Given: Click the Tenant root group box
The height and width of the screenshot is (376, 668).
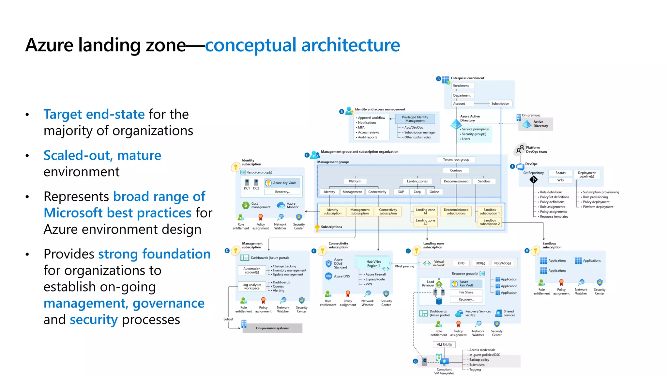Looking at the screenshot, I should pos(456,160).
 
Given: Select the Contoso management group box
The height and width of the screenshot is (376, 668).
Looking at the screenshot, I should pos(456,170).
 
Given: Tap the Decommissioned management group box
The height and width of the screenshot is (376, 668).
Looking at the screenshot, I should pos(456,181).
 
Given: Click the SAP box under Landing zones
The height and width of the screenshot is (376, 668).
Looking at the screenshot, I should pos(401,192).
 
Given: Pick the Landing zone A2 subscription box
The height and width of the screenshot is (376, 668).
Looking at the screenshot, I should pos(425,222).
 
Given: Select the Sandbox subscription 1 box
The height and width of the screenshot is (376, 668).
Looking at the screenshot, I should pos(489,211).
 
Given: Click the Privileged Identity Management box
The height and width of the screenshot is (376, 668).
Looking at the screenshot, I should pos(415,119).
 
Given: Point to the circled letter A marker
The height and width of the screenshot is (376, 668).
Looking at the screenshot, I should pos(438,79).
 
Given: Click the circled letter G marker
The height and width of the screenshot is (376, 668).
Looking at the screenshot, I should pos(415,361).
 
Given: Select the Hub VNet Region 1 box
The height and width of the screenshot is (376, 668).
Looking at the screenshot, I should pos(373,264).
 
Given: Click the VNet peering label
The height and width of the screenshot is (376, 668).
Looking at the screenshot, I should pos(404,266).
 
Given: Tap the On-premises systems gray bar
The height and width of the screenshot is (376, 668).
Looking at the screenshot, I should pos(272,328).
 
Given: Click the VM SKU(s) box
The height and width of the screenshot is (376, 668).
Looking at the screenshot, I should pos(444,345).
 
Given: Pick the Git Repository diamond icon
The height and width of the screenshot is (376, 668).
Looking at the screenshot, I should pos(533,180).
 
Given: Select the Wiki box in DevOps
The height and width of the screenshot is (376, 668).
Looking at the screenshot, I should pos(560,180).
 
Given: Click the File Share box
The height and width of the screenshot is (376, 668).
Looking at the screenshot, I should pos(466,292).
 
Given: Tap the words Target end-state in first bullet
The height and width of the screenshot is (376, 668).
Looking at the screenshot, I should pos(94,114).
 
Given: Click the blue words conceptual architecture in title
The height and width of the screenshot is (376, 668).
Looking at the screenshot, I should pos(302,45).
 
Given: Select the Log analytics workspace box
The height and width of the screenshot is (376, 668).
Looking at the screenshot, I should pos(252,287).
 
